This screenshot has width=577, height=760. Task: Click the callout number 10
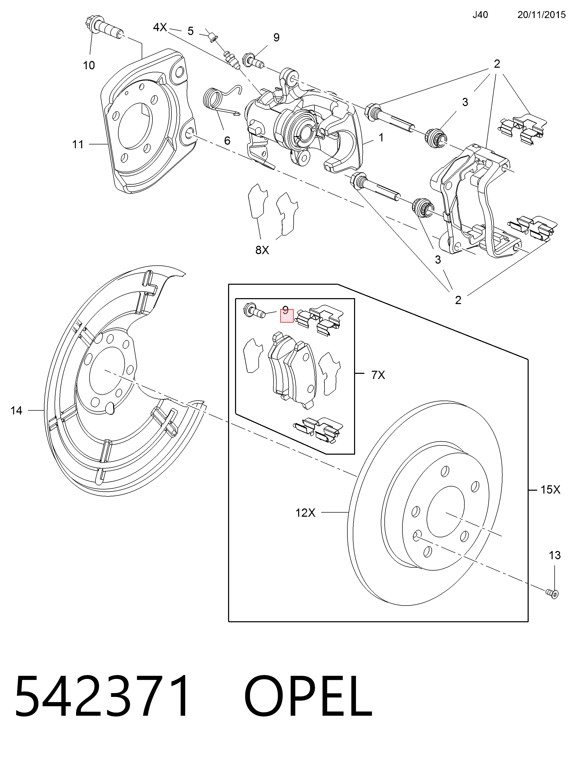(x=89, y=65)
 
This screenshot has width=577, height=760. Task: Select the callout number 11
(x=78, y=144)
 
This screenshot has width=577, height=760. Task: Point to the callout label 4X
(x=160, y=28)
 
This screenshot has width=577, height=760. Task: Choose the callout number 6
(x=227, y=140)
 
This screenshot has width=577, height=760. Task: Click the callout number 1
(x=381, y=137)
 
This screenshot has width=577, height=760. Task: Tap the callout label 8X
(x=262, y=250)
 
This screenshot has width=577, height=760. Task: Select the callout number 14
(x=16, y=410)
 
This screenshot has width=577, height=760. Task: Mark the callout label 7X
(x=378, y=375)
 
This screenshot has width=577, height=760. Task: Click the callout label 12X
(x=305, y=513)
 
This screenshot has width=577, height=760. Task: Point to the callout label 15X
(x=550, y=490)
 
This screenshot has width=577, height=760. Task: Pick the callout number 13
(x=555, y=555)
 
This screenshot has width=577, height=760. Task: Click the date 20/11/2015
(x=542, y=15)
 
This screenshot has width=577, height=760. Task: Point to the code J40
(x=480, y=15)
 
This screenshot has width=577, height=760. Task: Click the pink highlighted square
(x=287, y=316)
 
